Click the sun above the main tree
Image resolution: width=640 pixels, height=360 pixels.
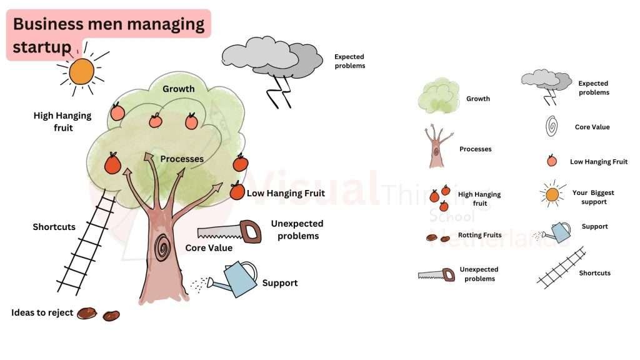click(81, 71)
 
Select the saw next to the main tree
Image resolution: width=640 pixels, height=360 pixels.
click(229, 231)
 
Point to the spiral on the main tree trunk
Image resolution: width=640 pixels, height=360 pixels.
click(164, 248)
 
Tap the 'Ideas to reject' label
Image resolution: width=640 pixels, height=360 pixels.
click(42, 312)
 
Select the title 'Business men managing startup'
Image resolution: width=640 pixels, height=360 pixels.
click(108, 34)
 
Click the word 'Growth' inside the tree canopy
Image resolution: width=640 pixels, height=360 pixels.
click(178, 89)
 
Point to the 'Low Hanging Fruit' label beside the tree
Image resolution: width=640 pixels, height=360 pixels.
click(286, 193)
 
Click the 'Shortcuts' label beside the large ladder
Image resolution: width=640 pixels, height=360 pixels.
click(54, 227)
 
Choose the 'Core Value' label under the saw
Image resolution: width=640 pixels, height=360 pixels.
click(209, 248)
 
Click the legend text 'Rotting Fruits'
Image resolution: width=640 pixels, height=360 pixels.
click(480, 236)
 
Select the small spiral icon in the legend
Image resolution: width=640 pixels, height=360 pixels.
click(551, 127)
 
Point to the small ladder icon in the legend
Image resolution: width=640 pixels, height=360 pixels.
click(561, 268)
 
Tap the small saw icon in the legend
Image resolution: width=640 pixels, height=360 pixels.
click(436, 274)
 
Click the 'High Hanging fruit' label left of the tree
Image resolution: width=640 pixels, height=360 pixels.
click(62, 121)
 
